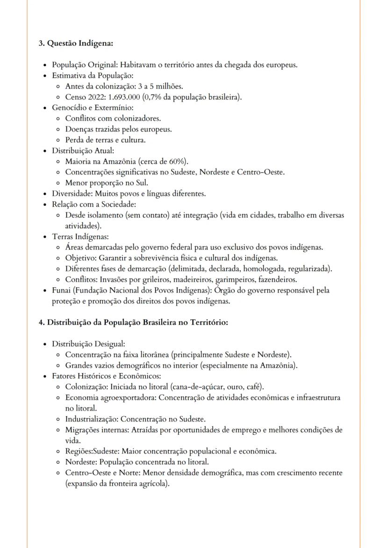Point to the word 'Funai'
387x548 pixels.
coord(62,291)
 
